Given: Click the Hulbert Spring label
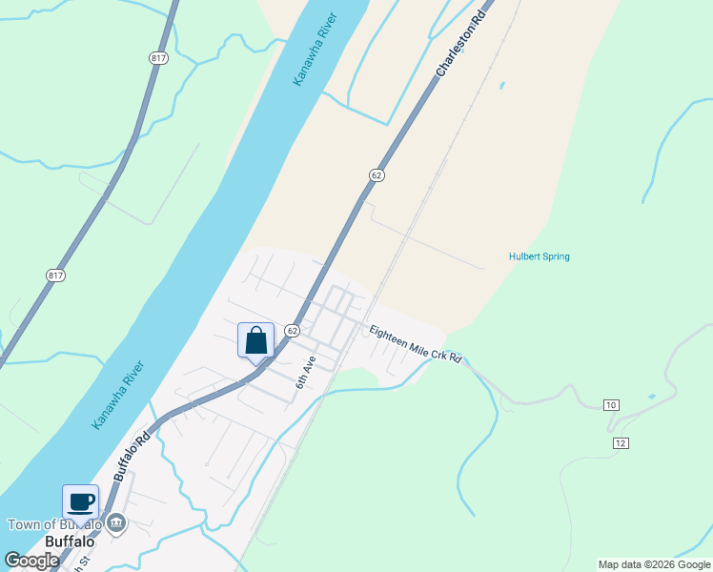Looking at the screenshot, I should [x=539, y=256].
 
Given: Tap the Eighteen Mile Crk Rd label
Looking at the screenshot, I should [x=416, y=344].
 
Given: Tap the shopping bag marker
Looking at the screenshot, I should [x=255, y=340].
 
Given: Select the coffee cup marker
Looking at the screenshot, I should [x=81, y=501].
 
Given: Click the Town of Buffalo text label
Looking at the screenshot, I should [x=54, y=524].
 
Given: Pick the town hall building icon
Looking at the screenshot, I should [x=116, y=522].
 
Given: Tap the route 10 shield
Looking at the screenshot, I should [x=611, y=405].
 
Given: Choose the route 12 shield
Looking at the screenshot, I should [x=621, y=443].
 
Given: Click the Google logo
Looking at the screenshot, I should [x=31, y=561].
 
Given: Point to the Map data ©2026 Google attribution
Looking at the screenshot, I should [x=654, y=564].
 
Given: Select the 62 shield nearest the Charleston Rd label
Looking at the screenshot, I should [x=377, y=174].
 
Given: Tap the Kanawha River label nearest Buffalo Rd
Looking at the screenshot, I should [x=117, y=394].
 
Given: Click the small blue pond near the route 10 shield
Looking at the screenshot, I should [x=651, y=397].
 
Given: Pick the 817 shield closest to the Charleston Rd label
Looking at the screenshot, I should [x=158, y=58].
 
